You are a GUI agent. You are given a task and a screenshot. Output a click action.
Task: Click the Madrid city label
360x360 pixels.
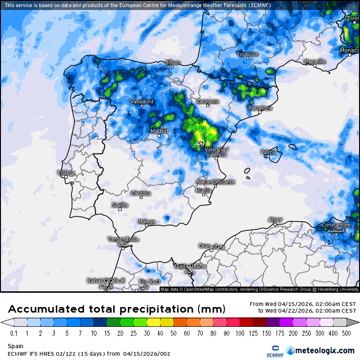(x=159, y=131)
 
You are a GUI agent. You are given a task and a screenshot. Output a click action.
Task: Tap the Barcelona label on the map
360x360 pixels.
(x=260, y=108)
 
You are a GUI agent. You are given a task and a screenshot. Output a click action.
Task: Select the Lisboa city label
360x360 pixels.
(x=66, y=173)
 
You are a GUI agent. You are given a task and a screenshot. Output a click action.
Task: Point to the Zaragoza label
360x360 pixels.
(x=207, y=101)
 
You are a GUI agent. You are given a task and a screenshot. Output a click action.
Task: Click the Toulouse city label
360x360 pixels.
(x=247, y=54)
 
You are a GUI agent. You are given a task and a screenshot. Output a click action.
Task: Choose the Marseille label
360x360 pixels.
(x=315, y=62)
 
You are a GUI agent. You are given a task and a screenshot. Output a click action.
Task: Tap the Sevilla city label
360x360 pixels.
(x=120, y=205)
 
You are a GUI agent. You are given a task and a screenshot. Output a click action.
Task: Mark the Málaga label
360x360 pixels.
(x=147, y=222)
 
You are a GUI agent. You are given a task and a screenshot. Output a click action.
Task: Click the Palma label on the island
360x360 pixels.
(x=268, y=152)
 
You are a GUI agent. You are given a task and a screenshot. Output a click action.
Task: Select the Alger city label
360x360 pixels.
(x=275, y=220)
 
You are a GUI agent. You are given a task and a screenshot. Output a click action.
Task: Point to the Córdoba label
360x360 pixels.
(x=141, y=193)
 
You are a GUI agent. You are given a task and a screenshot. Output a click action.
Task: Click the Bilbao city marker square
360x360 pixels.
(x=173, y=67)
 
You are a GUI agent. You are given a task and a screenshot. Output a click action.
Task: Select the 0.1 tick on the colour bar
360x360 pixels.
(x=14, y=333)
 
